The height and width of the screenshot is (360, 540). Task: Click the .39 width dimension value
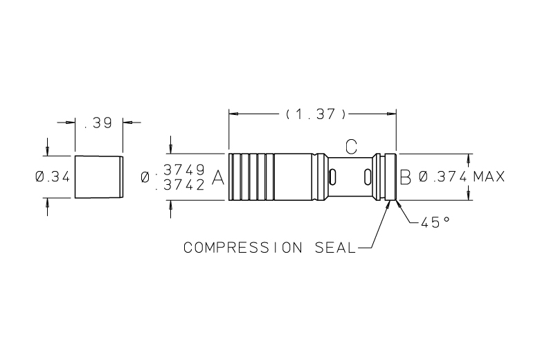click(98, 123)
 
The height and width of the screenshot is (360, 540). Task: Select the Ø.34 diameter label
click(53, 177)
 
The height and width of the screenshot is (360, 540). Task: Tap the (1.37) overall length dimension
click(316, 114)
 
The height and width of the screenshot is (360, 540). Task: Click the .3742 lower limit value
click(181, 185)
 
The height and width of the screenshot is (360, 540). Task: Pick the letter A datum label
click(217, 178)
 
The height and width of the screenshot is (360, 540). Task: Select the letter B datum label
click(405, 178)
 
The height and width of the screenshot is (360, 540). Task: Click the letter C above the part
click(351, 147)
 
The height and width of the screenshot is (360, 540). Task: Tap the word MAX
click(489, 177)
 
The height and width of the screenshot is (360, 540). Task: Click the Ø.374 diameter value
click(443, 177)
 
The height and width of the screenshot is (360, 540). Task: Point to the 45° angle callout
click(435, 222)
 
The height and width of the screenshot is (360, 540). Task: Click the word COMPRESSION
click(243, 248)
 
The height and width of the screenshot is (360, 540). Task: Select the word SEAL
click(335, 248)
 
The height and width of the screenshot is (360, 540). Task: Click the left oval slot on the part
click(333, 177)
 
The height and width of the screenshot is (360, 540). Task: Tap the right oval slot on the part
click(368, 177)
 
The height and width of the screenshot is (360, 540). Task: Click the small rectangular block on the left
click(99, 177)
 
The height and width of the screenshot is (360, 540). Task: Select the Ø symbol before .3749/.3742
click(145, 177)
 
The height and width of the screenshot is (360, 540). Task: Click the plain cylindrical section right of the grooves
click(294, 177)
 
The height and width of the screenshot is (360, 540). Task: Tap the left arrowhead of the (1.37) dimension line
click(233, 114)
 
